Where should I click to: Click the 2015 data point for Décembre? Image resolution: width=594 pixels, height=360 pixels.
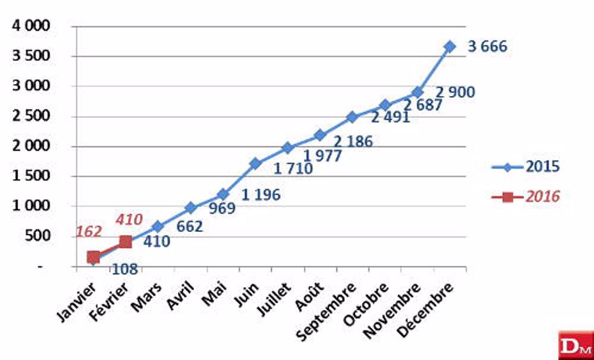(x=449, y=47)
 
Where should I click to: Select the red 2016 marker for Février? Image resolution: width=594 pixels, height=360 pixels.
(x=126, y=241)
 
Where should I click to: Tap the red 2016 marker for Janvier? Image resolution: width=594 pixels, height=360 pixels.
(x=94, y=257)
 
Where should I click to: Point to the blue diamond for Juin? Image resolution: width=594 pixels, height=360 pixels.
(x=255, y=163)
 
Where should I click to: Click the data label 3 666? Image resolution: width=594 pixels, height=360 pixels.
(x=487, y=47)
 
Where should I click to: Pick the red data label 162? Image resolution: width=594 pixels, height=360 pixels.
(x=88, y=231)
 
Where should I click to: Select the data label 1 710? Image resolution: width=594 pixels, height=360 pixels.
(x=293, y=169)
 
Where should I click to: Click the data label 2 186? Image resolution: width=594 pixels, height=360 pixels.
(x=352, y=142)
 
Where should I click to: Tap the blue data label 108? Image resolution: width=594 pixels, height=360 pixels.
(x=124, y=269)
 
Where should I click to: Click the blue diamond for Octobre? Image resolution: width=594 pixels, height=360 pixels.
(x=384, y=105)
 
